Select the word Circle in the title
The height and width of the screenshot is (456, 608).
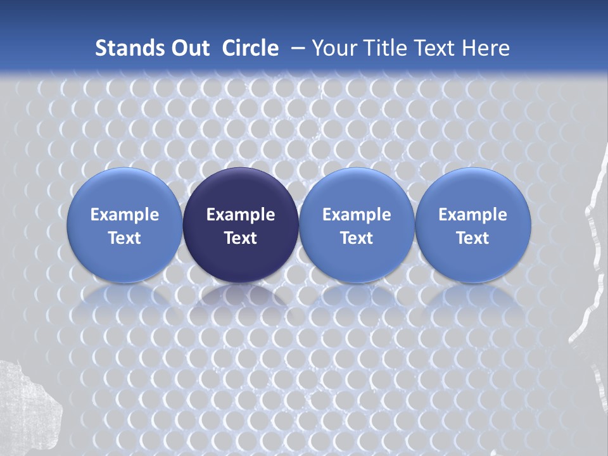(x=250, y=48)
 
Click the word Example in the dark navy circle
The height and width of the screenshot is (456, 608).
(x=241, y=215)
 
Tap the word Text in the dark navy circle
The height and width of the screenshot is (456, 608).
(x=241, y=238)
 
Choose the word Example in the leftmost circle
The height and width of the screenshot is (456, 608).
(x=125, y=215)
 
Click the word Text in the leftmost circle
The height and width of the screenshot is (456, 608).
(x=125, y=238)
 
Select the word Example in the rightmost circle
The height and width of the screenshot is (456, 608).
(x=472, y=215)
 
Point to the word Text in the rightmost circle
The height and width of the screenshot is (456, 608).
(x=472, y=238)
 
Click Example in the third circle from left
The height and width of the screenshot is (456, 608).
(x=357, y=215)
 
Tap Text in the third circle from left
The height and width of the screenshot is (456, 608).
(x=357, y=238)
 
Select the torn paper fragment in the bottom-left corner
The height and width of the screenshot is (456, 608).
(x=28, y=405)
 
